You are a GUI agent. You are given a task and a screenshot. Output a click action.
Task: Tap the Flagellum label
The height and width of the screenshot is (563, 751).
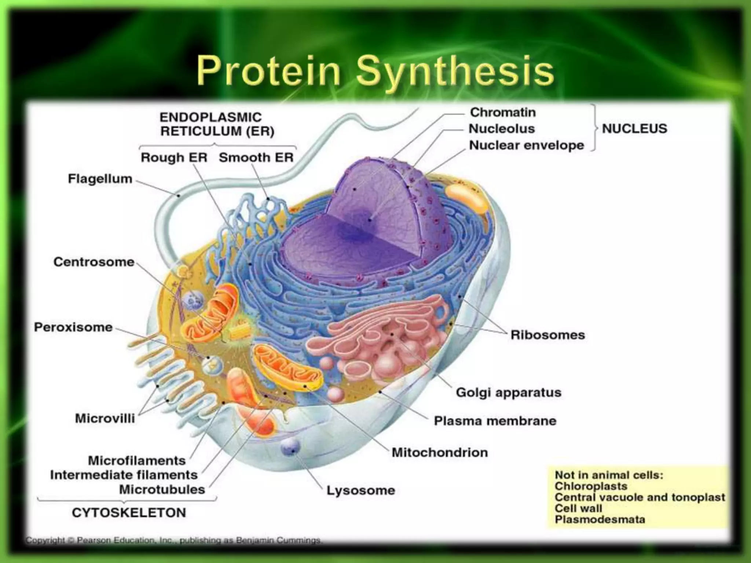tap(100, 179)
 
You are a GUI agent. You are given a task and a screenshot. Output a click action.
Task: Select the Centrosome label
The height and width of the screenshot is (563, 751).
tap(94, 262)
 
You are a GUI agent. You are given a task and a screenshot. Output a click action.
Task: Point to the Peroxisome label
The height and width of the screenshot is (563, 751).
tap(73, 327)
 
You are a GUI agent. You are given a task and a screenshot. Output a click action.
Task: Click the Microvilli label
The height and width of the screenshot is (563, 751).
tap(105, 418)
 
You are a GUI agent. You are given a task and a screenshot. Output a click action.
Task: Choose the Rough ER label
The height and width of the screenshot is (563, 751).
tap(174, 158)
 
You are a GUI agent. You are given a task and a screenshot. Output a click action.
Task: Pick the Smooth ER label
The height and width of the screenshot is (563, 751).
tap(256, 158)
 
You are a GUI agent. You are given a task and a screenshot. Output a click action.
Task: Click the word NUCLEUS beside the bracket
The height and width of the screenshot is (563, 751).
tap(634, 129)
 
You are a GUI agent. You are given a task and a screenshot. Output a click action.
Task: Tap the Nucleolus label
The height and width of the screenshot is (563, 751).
tap(502, 129)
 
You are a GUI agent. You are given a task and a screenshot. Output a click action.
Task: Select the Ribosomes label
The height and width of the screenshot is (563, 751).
tap(547, 335)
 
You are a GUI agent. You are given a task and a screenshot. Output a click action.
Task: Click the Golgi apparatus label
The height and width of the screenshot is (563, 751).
tap(509, 392)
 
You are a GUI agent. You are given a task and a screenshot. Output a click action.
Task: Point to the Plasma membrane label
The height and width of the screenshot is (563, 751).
tap(495, 421)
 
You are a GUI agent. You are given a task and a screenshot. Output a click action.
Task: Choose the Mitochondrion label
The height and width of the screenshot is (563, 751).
tap(440, 452)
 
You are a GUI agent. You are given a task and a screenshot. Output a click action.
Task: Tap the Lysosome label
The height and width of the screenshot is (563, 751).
tap(361, 490)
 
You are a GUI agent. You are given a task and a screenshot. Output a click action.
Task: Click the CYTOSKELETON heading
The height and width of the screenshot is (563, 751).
tap(129, 512)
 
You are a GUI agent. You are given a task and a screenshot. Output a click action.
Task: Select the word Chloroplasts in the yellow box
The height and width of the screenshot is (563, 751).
tap(591, 486)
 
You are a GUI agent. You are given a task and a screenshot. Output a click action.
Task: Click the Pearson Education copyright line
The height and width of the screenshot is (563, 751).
tap(173, 540)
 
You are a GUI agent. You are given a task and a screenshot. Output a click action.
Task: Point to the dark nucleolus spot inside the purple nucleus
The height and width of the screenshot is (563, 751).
tap(361, 224)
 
